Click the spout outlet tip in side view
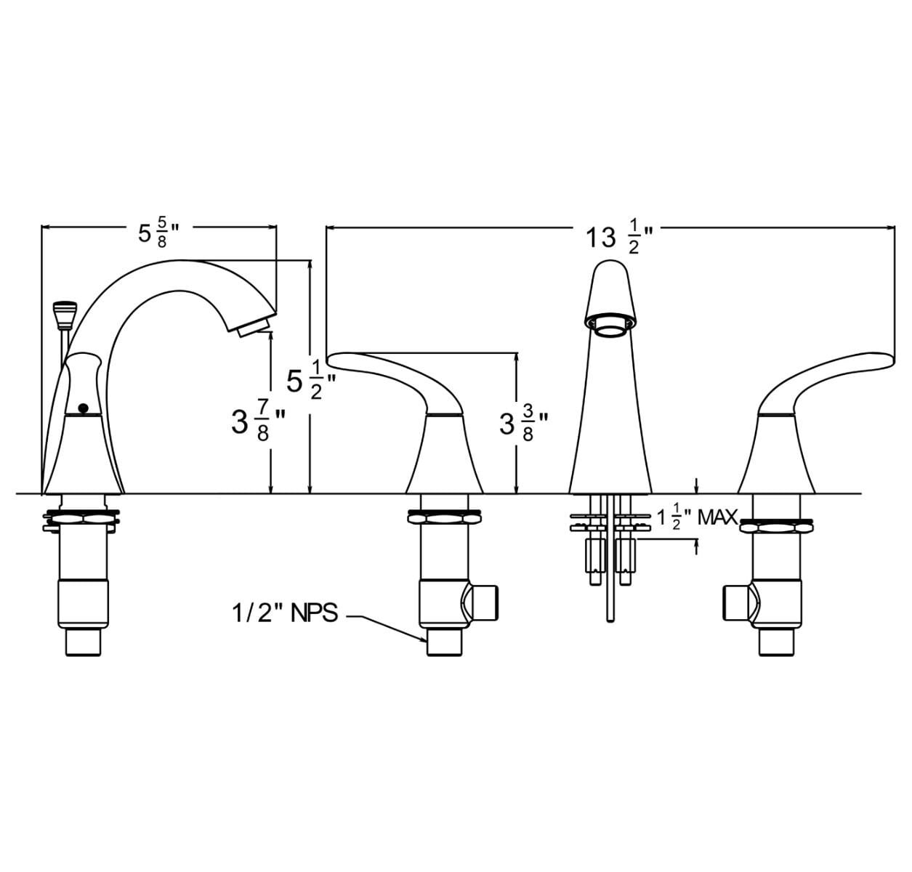255,325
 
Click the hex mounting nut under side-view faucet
81,519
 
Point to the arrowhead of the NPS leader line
425,639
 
